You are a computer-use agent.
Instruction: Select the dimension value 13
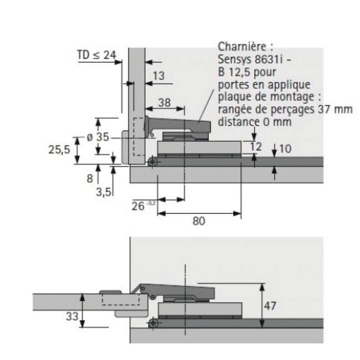coord(158,76)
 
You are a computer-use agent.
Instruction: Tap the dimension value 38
coord(164,102)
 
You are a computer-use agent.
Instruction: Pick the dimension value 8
coord(90,179)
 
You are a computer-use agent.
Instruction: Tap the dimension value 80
coord(199,221)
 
